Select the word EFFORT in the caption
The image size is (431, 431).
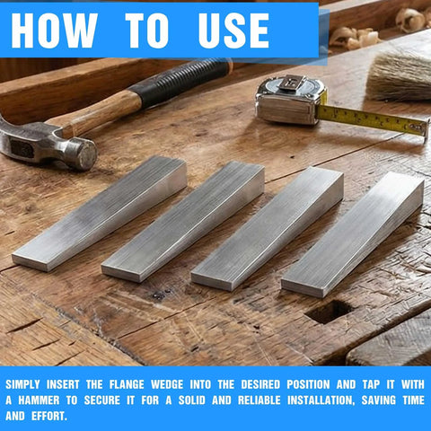[56, 417]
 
